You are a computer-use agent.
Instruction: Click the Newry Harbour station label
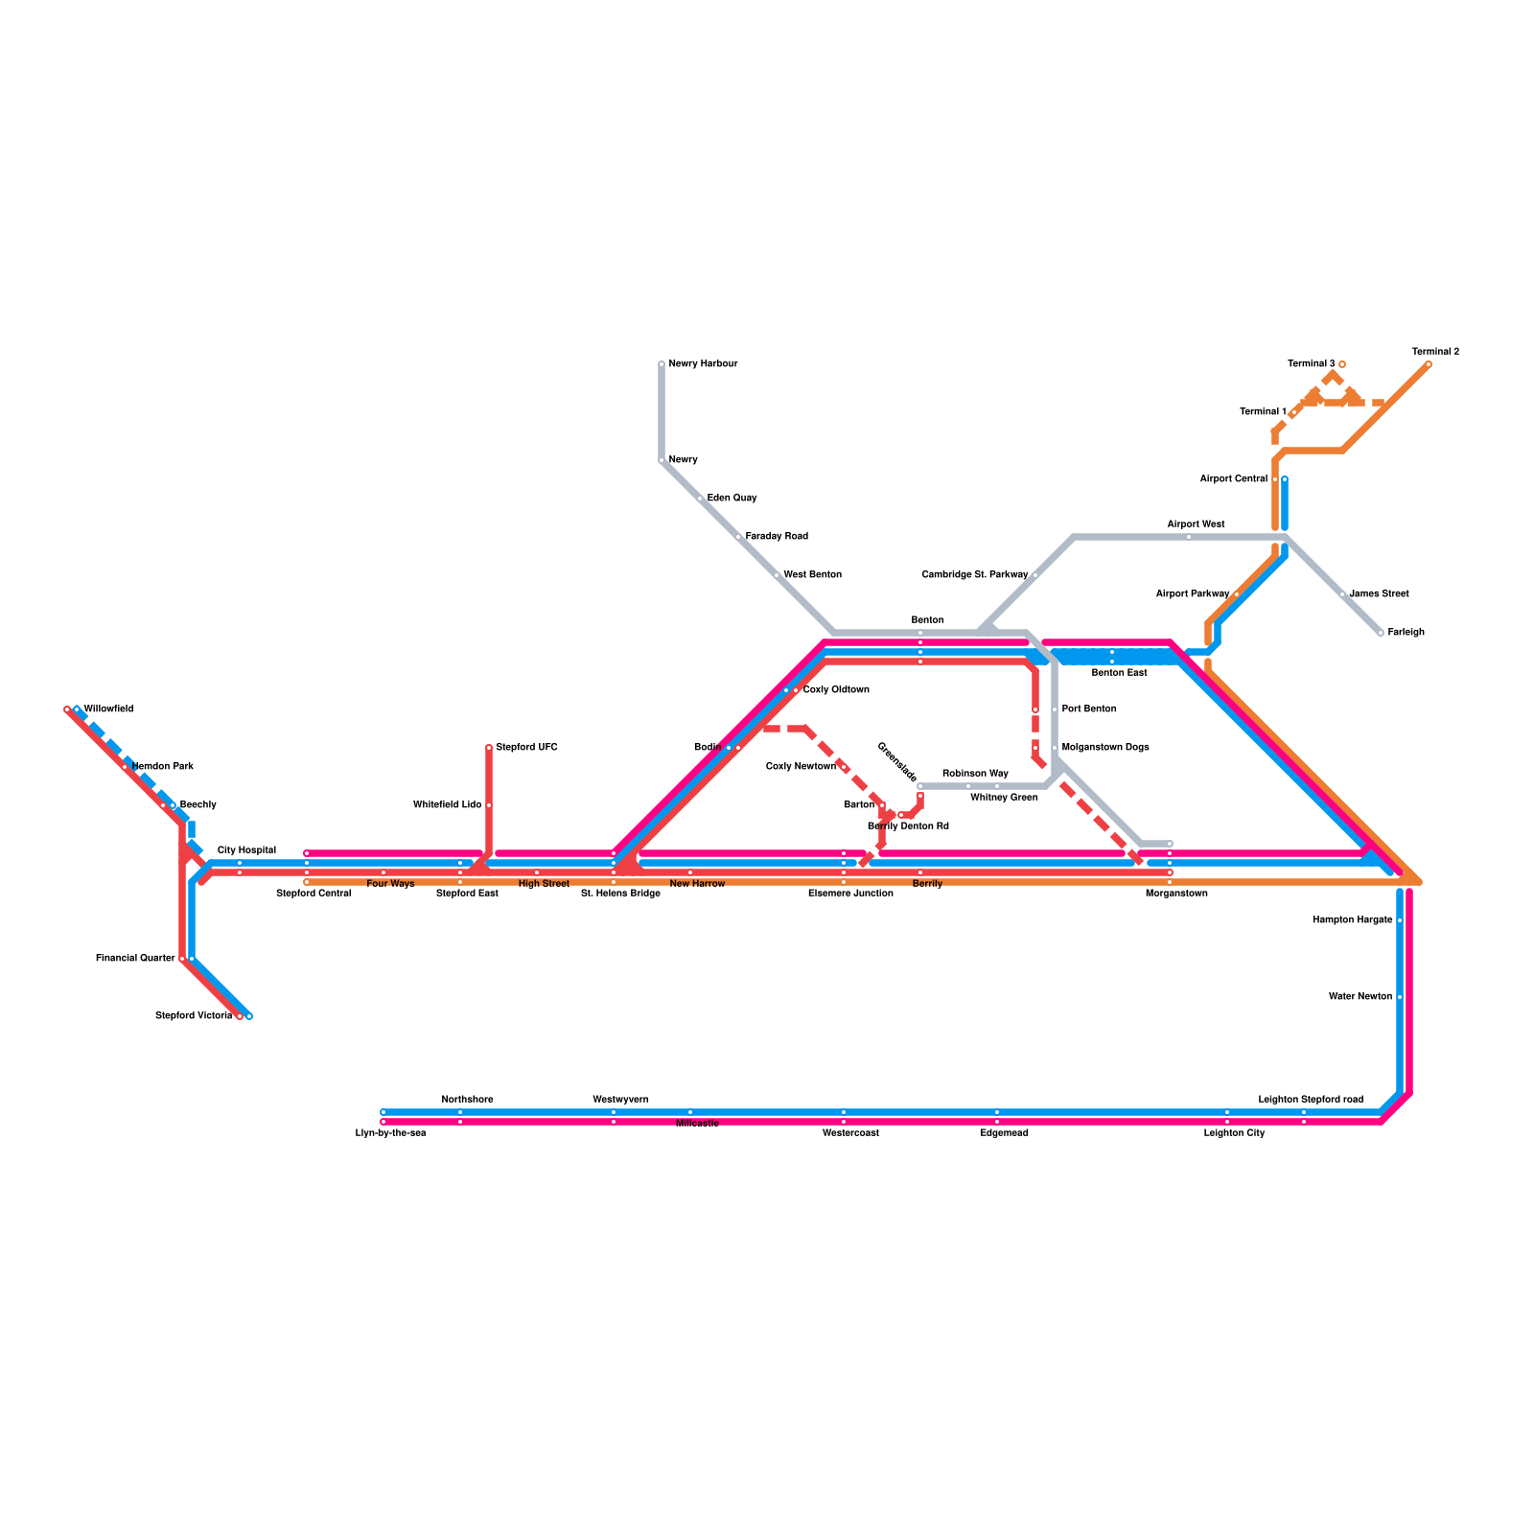click(703, 364)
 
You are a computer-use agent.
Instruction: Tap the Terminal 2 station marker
click(1429, 364)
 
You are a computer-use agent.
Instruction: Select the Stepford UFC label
click(526, 748)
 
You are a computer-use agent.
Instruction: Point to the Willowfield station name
click(108, 709)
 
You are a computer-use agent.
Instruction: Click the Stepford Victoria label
click(194, 1016)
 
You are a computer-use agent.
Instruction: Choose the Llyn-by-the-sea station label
click(390, 1133)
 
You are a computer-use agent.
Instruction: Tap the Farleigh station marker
click(1381, 633)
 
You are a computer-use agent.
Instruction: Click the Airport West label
click(1196, 524)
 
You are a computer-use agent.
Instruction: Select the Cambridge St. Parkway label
click(974, 575)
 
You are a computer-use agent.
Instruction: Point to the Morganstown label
click(1176, 894)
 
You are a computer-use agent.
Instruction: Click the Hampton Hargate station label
click(1352, 920)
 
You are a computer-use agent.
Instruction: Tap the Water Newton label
click(1360, 997)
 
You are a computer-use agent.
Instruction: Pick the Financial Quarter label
click(135, 959)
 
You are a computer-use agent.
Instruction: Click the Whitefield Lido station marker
click(489, 805)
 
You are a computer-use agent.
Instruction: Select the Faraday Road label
click(777, 537)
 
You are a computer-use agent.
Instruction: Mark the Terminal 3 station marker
click(1342, 364)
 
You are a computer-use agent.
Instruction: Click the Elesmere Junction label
click(850, 894)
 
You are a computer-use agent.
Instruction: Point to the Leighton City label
click(1234, 1133)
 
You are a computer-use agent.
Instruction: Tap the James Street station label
click(1379, 594)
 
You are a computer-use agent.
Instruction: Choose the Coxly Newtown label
click(801, 767)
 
